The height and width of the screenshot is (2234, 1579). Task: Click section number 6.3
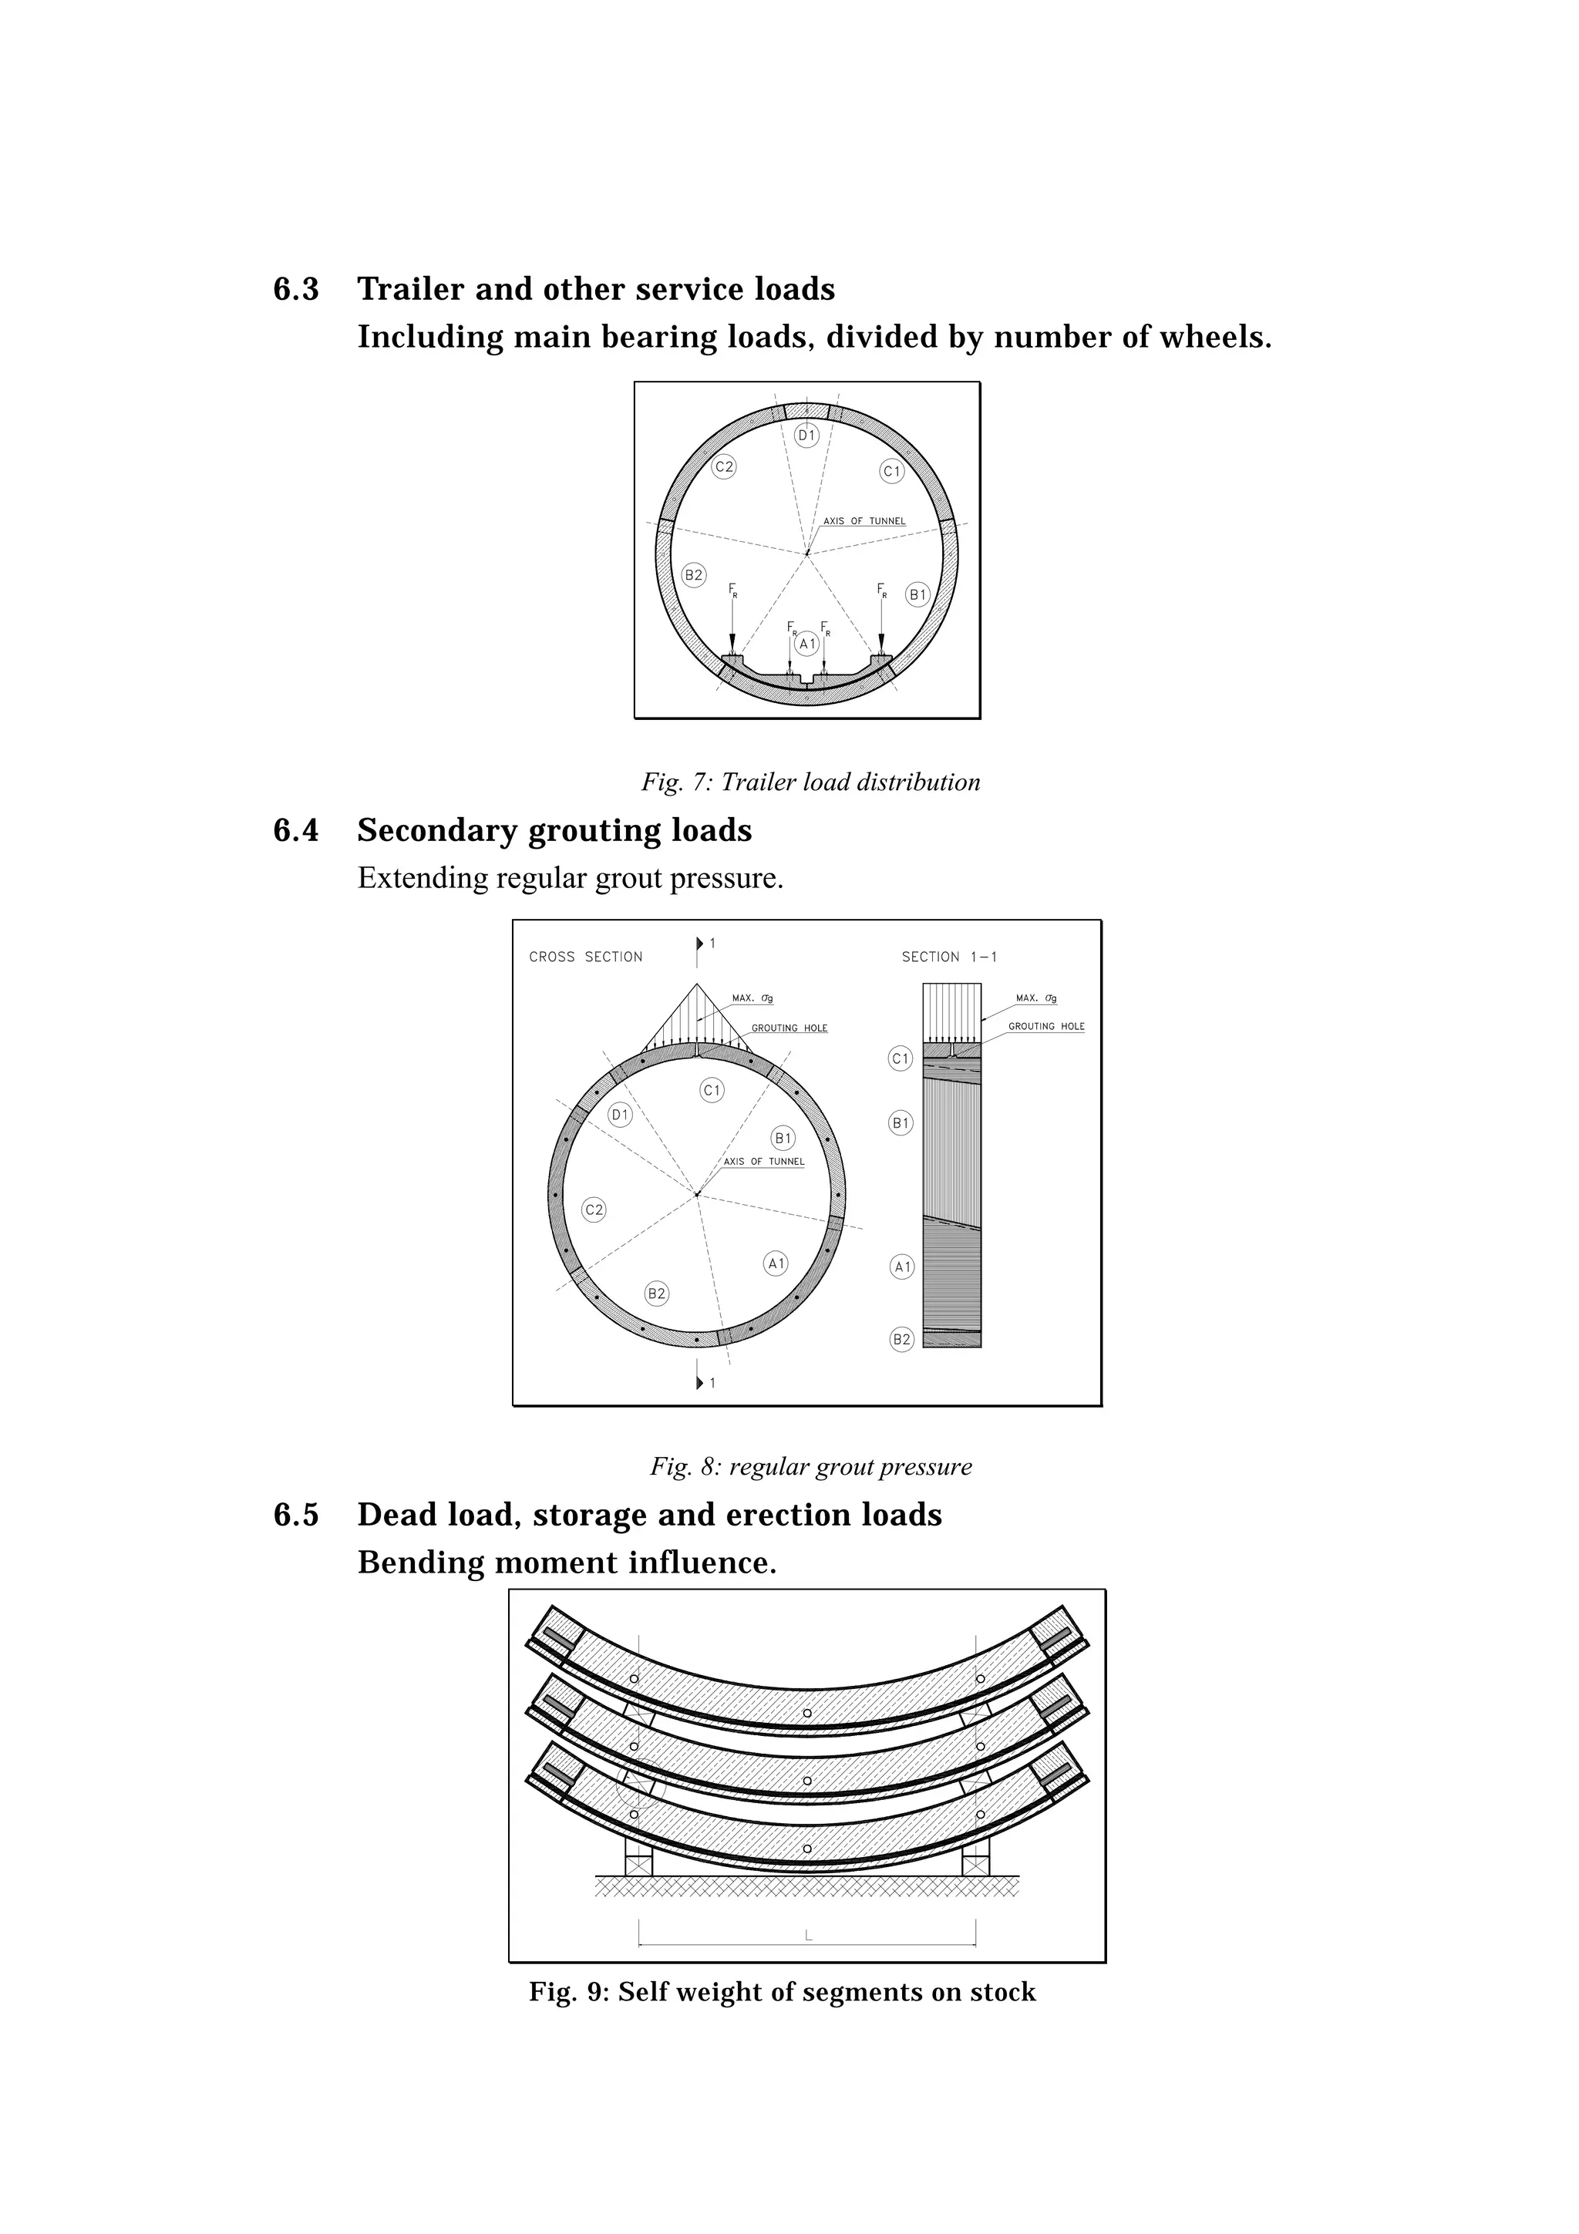[x=296, y=289]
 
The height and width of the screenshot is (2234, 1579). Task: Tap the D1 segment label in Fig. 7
[x=806, y=436]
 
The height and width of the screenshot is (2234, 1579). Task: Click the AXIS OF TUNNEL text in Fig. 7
[x=864, y=522]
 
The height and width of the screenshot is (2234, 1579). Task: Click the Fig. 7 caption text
[x=810, y=782]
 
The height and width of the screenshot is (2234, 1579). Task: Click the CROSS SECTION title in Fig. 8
[x=586, y=957]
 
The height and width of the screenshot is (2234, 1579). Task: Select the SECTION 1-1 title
[x=948, y=957]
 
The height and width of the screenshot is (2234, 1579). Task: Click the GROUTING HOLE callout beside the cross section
[x=789, y=1028]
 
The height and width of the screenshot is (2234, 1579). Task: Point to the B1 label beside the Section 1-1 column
[x=901, y=1123]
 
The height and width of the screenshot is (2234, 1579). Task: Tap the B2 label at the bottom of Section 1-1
[x=902, y=1340]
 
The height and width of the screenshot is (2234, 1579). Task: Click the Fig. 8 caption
[x=810, y=1466]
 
